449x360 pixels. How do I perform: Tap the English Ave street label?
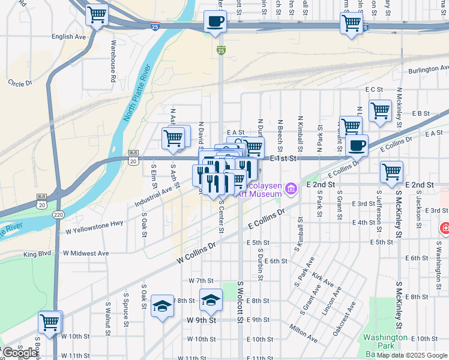click(69, 37)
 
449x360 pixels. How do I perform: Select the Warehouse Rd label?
click(113, 61)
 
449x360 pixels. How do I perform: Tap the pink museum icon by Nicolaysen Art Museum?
click(292, 190)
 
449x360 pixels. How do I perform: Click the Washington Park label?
click(385, 341)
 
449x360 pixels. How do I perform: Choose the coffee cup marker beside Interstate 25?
click(215, 22)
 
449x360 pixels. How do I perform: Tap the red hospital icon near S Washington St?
click(445, 228)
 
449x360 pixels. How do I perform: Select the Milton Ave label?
click(304, 334)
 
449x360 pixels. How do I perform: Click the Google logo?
click(20, 352)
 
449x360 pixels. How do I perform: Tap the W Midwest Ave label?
click(84, 253)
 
